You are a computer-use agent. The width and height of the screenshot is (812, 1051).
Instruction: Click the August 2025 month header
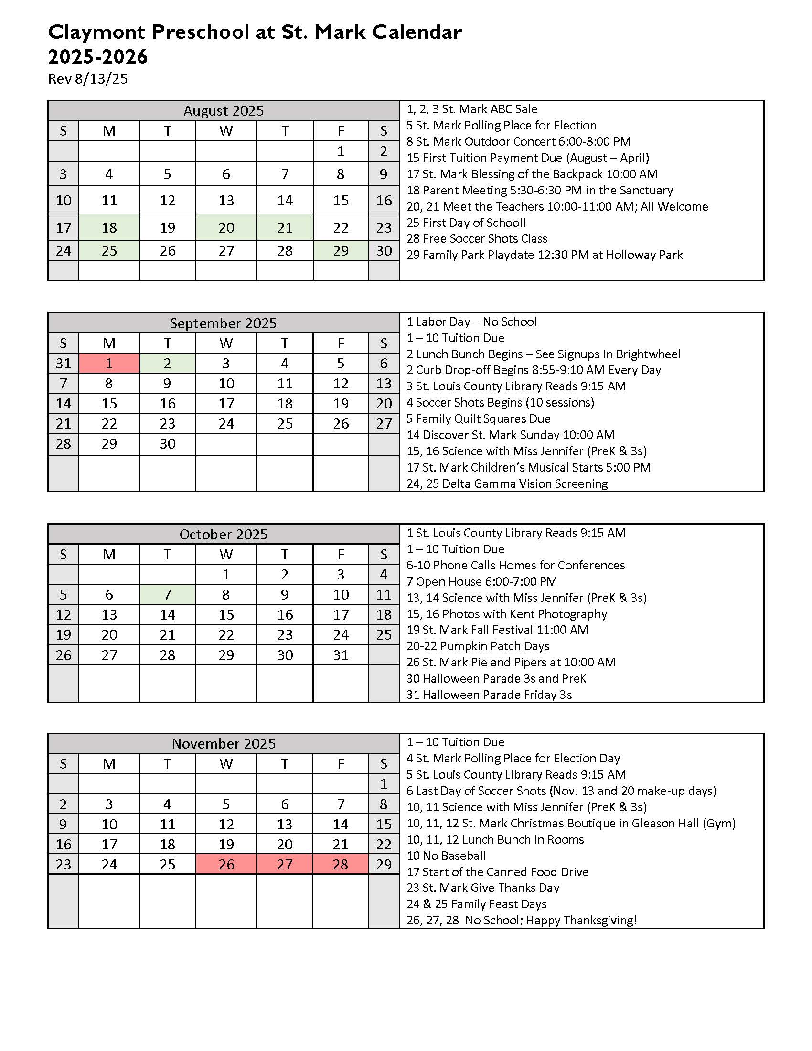coord(223,111)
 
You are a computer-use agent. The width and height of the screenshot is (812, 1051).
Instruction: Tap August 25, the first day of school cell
coord(109,250)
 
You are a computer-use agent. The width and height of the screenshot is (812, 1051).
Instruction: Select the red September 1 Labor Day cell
coord(109,363)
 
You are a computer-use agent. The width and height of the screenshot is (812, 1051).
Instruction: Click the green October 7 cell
coord(167,594)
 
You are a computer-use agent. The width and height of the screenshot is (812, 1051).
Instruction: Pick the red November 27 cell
coord(285,864)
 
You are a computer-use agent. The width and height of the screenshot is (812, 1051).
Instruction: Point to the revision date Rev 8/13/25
coord(88,78)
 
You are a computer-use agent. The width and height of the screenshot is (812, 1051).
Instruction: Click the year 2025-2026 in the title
coord(97,57)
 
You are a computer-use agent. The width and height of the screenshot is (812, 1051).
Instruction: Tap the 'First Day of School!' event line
coord(466,222)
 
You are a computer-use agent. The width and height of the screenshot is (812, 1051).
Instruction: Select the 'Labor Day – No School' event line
coord(471,322)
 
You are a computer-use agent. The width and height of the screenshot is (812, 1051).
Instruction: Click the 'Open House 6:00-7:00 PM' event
coord(481,581)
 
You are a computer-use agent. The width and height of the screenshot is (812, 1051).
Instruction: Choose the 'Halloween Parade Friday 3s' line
coord(489,695)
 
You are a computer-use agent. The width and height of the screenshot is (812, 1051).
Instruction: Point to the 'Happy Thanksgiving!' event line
coord(522,920)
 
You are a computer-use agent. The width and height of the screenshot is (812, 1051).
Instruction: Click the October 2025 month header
coord(223,534)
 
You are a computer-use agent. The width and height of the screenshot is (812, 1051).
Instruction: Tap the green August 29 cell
coord(341,250)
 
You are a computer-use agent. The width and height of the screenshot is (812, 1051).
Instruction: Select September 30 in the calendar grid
coord(167,443)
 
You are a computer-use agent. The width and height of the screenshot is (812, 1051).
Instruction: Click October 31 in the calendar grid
coord(341,655)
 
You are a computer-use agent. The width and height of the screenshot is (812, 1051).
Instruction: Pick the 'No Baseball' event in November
coord(446,856)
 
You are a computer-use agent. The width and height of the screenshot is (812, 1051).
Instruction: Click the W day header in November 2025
coord(226,764)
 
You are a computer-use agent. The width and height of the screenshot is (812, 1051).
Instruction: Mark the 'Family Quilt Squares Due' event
coord(478,418)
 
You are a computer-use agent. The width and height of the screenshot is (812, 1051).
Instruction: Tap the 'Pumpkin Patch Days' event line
coord(478,646)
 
